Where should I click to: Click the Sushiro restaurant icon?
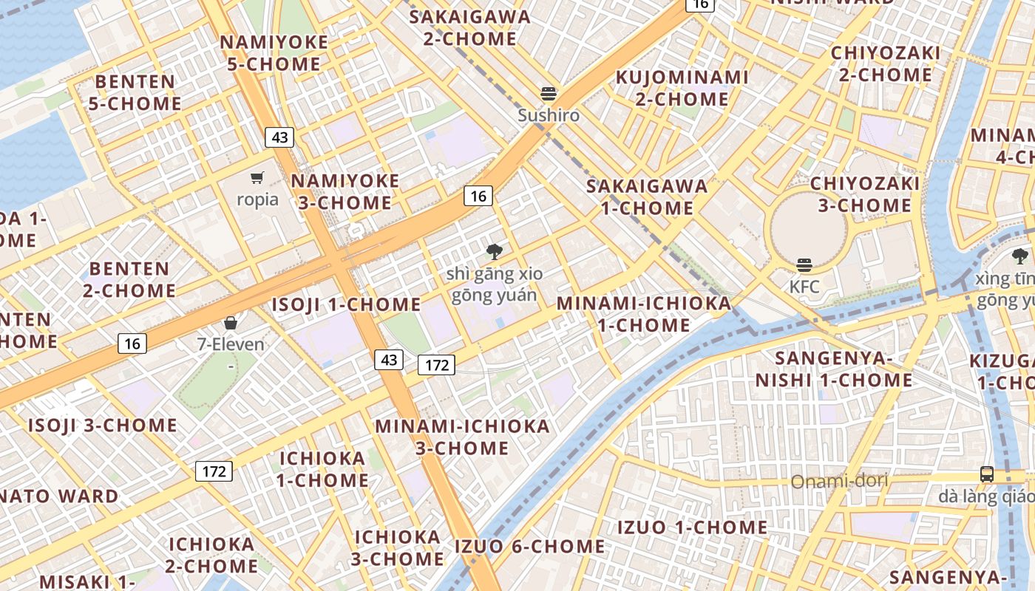tap(549, 94)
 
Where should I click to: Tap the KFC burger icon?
tap(804, 265)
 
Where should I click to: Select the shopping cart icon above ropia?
tap(257, 177)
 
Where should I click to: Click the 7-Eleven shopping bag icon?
tap(231, 323)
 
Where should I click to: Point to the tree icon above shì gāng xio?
tap(494, 252)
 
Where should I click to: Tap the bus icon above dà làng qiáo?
tap(986, 474)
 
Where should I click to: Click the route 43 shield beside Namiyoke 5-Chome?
tap(279, 137)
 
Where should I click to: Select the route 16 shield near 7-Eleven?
tap(132, 343)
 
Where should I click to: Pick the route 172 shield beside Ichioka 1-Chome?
tap(214, 471)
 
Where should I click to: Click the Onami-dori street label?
tap(839, 482)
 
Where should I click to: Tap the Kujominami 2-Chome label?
tap(682, 88)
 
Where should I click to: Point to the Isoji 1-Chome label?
tap(346, 304)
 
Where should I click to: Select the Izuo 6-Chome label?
tap(529, 547)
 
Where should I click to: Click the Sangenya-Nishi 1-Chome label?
tap(834, 369)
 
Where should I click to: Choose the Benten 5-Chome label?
tap(135, 92)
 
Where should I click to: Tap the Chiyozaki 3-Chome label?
tap(864, 194)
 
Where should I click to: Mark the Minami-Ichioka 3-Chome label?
tap(462, 437)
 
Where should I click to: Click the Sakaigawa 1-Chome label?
tap(647, 197)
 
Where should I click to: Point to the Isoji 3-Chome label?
tap(103, 426)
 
